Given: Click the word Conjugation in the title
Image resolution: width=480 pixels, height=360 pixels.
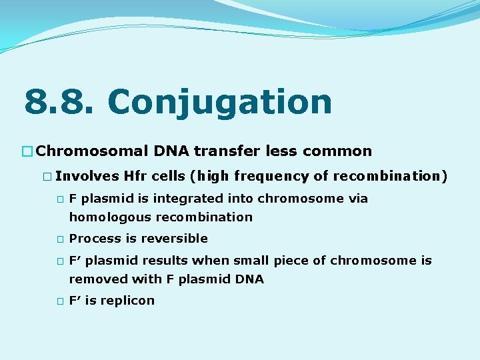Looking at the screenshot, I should pos(219,103).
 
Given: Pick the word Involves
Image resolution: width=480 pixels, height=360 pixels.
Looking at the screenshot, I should pos(87,177).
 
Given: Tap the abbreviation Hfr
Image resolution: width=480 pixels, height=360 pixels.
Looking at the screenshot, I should pos(135,177).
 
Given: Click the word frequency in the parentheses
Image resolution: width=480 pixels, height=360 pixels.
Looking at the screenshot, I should pos(273,177).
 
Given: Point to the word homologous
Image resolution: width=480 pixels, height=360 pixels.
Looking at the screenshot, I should pos(110,217).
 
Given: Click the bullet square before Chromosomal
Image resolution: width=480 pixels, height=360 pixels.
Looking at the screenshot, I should pos(28,152).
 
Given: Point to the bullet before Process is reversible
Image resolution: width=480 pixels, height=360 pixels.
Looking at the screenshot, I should pos(60,239).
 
